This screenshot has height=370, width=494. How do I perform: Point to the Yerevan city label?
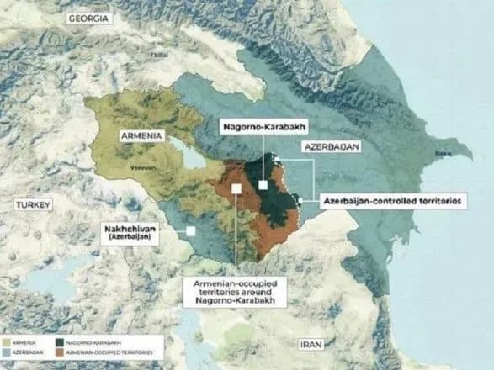(x=140, y=166)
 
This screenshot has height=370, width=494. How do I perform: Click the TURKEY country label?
(x=35, y=204)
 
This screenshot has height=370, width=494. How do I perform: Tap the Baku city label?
(x=441, y=153)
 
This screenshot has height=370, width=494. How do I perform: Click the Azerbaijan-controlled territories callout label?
(x=393, y=203)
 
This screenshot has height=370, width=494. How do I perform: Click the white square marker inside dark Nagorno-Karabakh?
(x=263, y=184)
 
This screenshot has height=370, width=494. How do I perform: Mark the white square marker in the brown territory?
(x=238, y=190)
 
